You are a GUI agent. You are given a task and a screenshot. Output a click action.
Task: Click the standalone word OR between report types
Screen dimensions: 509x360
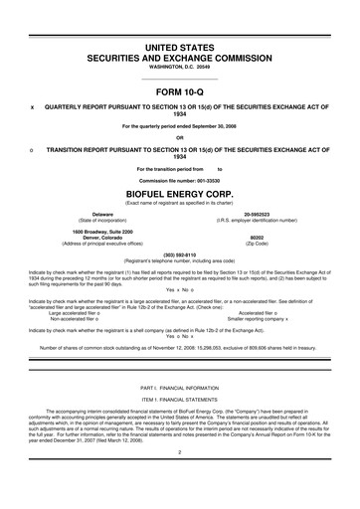[x=180, y=138]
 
